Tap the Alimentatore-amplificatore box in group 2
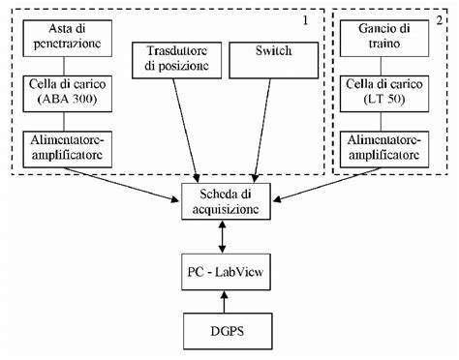pyautogui.click(x=391, y=147)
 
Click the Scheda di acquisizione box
pyautogui.click(x=225, y=202)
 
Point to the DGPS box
pyautogui.click(x=225, y=332)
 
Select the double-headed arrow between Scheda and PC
pyautogui.click(x=225, y=235)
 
